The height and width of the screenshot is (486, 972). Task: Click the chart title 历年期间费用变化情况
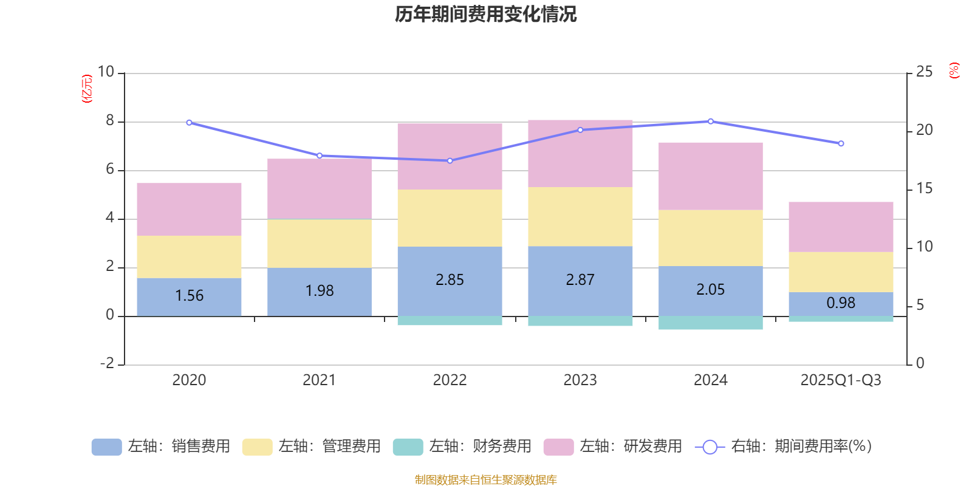[x=485, y=14]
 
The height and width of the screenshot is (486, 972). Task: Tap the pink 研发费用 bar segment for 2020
[x=189, y=209]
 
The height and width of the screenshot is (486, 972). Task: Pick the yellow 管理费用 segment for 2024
[x=710, y=238]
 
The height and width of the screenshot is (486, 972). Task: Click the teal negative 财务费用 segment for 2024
[x=710, y=323]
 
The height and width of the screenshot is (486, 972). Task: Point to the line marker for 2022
[x=450, y=161]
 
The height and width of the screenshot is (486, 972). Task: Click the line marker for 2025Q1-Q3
[x=841, y=144]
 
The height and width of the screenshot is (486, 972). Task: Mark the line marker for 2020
[x=189, y=123]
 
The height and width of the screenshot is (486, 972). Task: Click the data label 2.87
[x=580, y=280]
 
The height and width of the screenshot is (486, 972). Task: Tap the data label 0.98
[x=841, y=303]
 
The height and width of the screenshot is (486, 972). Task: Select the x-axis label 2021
[x=319, y=380]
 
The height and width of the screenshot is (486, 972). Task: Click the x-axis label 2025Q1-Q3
[x=841, y=380]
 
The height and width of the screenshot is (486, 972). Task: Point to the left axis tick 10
[x=106, y=72]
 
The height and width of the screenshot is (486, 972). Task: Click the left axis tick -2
[x=107, y=363]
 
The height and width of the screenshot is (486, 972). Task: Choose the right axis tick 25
[x=924, y=72]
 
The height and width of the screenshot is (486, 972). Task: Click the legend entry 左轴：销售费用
[x=161, y=447]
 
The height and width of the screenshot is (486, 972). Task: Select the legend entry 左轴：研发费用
[x=613, y=447]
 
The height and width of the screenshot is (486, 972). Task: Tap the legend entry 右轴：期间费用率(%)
[x=784, y=447]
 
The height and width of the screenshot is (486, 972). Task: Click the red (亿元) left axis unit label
[x=87, y=89]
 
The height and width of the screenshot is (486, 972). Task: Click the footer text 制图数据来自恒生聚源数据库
[x=485, y=480]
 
